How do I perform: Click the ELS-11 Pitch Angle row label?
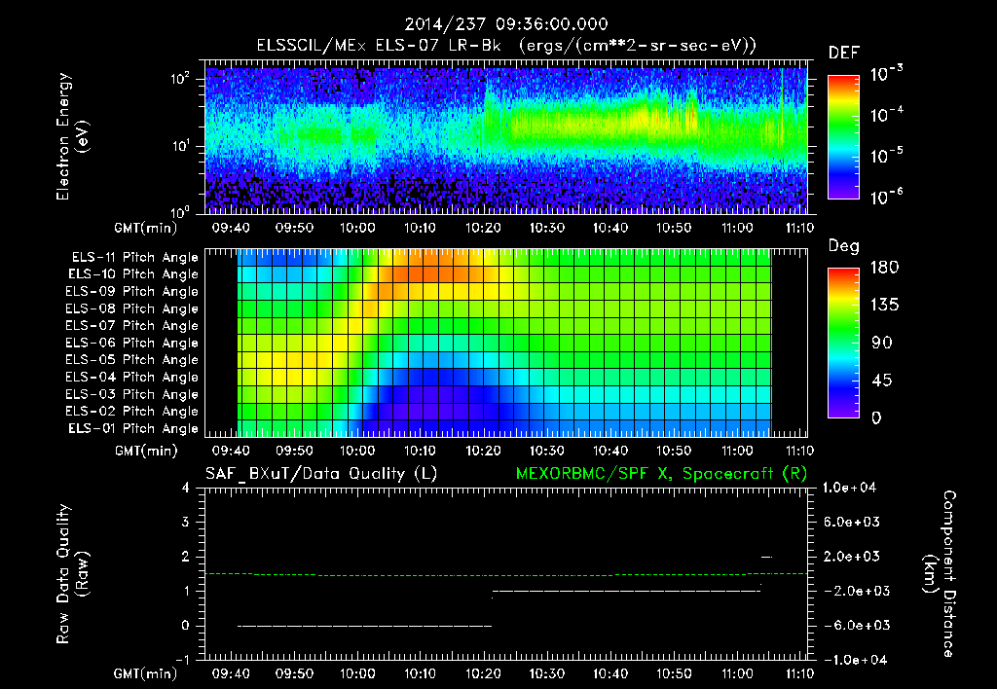pos(134,257)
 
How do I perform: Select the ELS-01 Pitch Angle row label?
pos(134,428)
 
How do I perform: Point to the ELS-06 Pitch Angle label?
pos(134,343)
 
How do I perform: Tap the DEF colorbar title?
pos(843,54)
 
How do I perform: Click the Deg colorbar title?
pos(843,246)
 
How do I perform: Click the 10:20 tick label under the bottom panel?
pos(484,673)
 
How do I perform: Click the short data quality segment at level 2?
pos(766,557)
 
